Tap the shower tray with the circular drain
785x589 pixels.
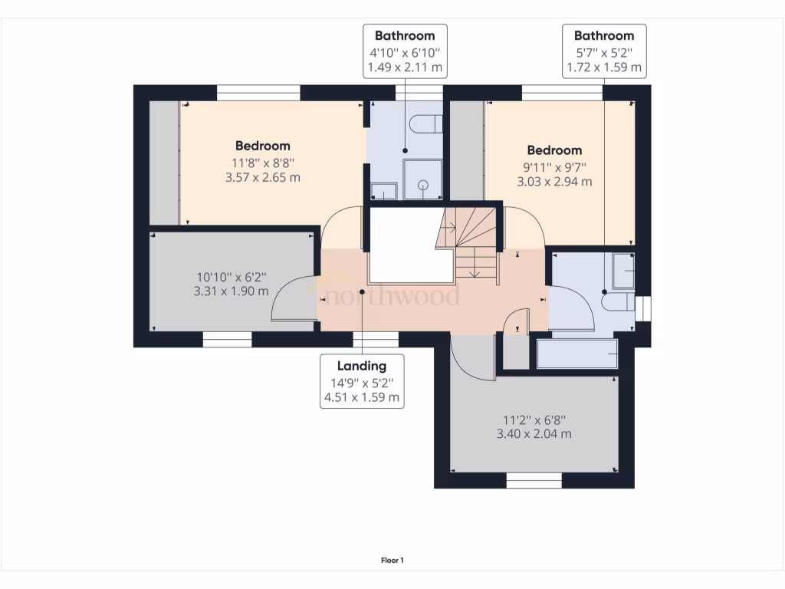422,179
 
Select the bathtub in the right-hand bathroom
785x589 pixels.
577,354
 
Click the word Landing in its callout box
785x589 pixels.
363,366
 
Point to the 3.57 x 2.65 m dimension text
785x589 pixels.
262,177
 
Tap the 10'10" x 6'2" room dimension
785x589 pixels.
232,277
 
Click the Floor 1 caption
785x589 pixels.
392,561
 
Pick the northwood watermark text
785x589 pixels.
391,295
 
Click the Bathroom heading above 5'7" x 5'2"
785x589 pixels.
604,35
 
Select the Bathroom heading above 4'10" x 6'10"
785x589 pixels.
405,35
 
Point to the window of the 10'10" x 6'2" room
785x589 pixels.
228,339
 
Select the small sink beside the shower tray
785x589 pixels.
383,190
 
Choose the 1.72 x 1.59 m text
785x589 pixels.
604,68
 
